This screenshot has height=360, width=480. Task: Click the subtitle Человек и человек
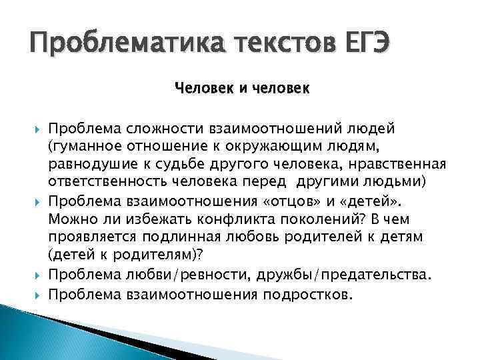(x=242, y=87)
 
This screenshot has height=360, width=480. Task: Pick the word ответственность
(x=118, y=182)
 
